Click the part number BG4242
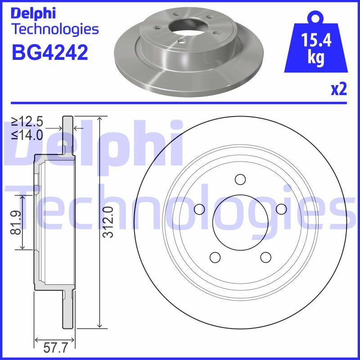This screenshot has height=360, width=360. coord(50,52)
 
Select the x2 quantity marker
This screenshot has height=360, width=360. coord(339,89)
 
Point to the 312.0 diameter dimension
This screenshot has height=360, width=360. coord(108,222)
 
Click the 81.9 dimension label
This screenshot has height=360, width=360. coord(16,222)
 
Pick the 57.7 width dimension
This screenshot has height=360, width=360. coord(55,347)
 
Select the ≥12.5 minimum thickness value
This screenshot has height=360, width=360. coord(27,121)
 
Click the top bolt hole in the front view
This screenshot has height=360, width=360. coord(240,179)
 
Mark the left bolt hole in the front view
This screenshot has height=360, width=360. coord(199,209)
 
